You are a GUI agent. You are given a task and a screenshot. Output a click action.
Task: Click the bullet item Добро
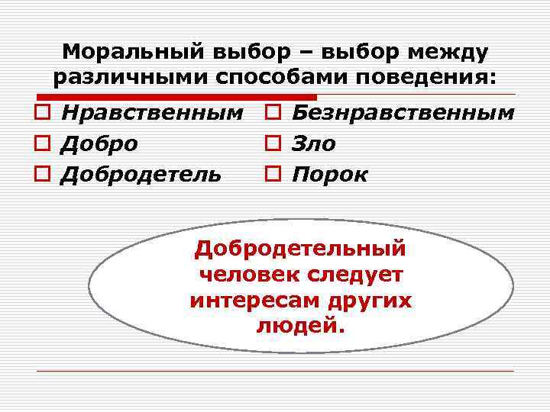point(99,143)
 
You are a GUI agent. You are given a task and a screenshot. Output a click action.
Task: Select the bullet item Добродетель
point(141,174)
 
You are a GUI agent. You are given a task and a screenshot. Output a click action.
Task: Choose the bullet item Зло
point(314,143)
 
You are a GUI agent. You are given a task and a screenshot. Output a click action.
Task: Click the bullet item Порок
point(330,174)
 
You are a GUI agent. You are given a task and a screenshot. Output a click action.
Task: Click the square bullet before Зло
point(273,144)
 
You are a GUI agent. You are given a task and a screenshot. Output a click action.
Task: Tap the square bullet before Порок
point(273,175)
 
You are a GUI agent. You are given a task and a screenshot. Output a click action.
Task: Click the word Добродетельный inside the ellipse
point(300,249)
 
